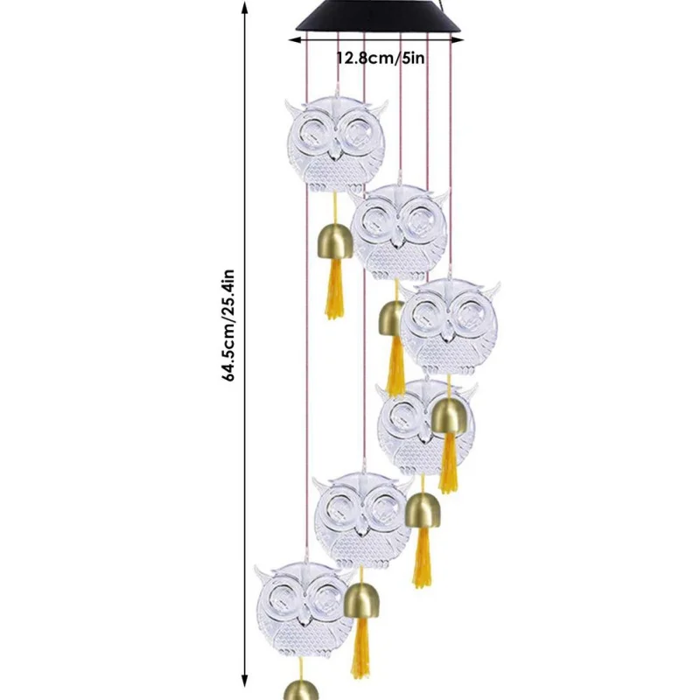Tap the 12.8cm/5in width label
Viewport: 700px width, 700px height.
point(381,59)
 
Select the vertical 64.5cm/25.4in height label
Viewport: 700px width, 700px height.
point(229,325)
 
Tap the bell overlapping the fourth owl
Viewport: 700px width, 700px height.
point(451,412)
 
